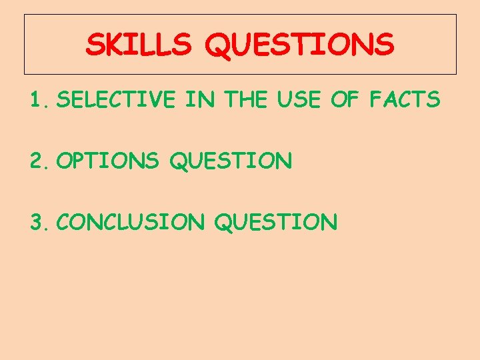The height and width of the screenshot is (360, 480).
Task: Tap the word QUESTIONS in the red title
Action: (299, 45)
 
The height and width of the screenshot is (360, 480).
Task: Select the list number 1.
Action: (38, 100)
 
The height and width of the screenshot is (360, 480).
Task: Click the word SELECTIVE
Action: (116, 100)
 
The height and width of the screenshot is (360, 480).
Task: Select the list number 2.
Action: (38, 161)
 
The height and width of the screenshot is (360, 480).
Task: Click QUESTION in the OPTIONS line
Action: (231, 161)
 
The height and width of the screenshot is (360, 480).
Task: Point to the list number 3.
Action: (38, 221)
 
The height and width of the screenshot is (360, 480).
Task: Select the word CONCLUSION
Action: (131, 221)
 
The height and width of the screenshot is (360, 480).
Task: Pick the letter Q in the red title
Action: (218, 45)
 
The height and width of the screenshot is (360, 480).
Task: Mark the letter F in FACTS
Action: (377, 100)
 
